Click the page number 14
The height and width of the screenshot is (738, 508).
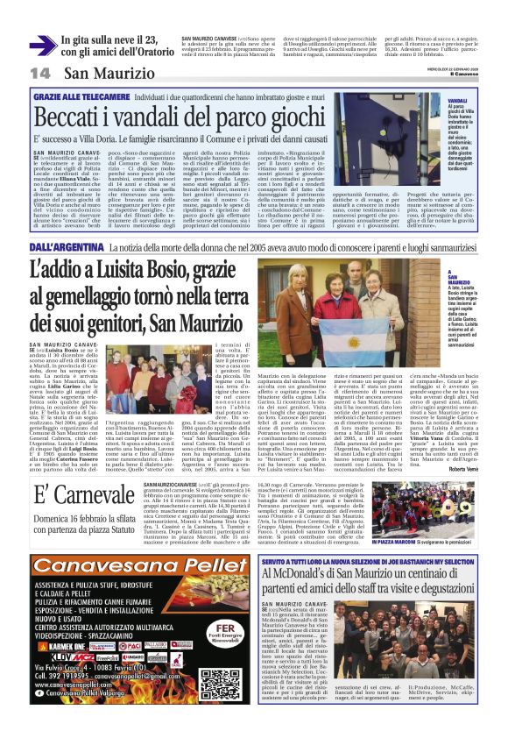point(40,72)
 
